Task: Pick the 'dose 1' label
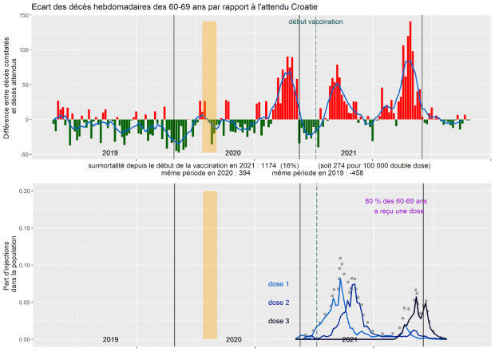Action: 278,284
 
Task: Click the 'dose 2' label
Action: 278,303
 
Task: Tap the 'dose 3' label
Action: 278,321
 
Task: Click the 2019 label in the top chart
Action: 110,152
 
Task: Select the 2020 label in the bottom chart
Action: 233,340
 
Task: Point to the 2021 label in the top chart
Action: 348,152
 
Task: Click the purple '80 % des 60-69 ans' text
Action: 396,201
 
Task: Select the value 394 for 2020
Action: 220,172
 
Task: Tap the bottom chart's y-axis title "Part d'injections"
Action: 8,269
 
